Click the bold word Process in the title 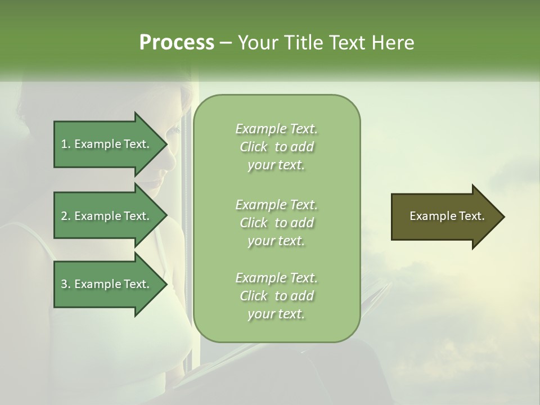pos(177,43)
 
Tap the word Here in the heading pos(393,43)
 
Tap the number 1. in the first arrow pos(66,144)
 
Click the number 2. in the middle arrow pos(66,216)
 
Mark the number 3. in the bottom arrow pos(66,284)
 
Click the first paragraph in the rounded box pos(276,147)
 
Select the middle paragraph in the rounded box pos(276,223)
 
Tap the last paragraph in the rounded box pos(276,296)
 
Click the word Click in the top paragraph pos(254,147)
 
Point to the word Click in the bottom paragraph pos(254,296)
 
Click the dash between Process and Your pos(226,43)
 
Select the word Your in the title pos(258,43)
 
